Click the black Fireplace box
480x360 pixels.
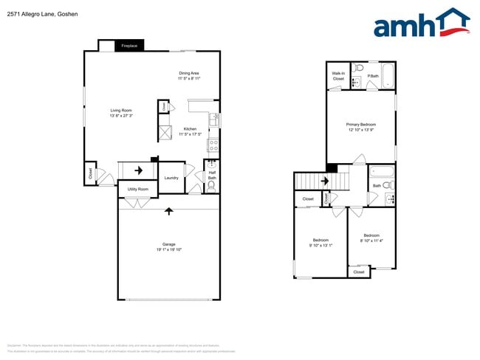tap(129, 46)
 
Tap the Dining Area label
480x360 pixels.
tap(189, 73)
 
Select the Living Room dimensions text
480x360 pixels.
tap(121, 116)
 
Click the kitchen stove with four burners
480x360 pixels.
tap(213, 144)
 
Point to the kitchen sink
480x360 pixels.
tap(213, 120)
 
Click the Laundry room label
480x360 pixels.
tap(171, 178)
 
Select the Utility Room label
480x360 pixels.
tap(137, 190)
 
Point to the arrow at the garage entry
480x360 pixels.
tap(169, 211)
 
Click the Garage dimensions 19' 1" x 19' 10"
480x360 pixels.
tap(169, 250)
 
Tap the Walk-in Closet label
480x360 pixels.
tap(338, 75)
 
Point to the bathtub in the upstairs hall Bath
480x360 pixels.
tap(383, 173)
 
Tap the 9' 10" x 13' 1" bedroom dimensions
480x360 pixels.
tap(321, 245)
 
